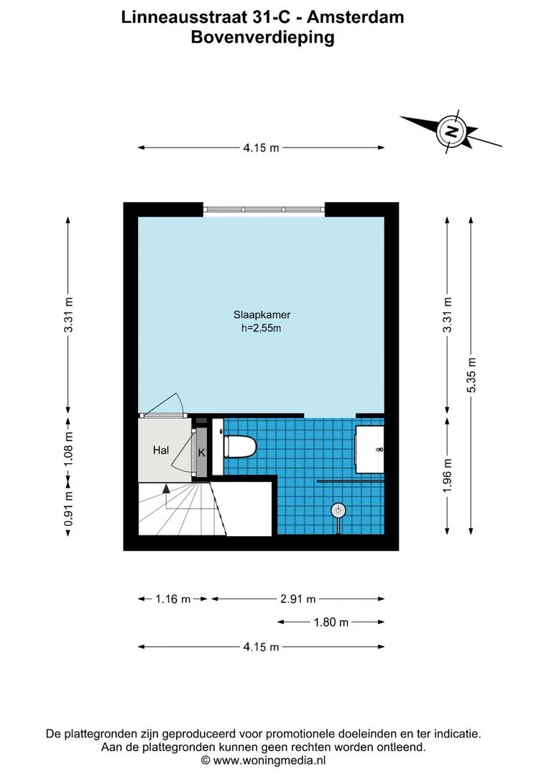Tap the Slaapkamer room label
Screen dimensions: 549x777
tap(262, 314)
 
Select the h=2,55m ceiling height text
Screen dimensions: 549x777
tap(262, 328)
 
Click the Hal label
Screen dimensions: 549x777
tap(161, 450)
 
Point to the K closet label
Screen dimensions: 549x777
tap(201, 453)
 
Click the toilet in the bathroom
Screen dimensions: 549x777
tap(240, 446)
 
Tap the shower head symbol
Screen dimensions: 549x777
tap(338, 510)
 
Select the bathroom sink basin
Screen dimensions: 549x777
tap(370, 450)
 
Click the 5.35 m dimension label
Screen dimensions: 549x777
tap(472, 375)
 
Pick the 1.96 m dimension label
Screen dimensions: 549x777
tap(448, 475)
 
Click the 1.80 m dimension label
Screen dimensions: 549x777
tap(331, 622)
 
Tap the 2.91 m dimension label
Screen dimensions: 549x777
tap(298, 599)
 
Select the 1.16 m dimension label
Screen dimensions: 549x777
tap(172, 599)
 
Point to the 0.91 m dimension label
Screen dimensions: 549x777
tap(69, 509)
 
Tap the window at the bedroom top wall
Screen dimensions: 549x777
tap(264, 209)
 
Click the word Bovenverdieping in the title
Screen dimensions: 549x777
tap(263, 37)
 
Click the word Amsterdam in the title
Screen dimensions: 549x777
tap(356, 17)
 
